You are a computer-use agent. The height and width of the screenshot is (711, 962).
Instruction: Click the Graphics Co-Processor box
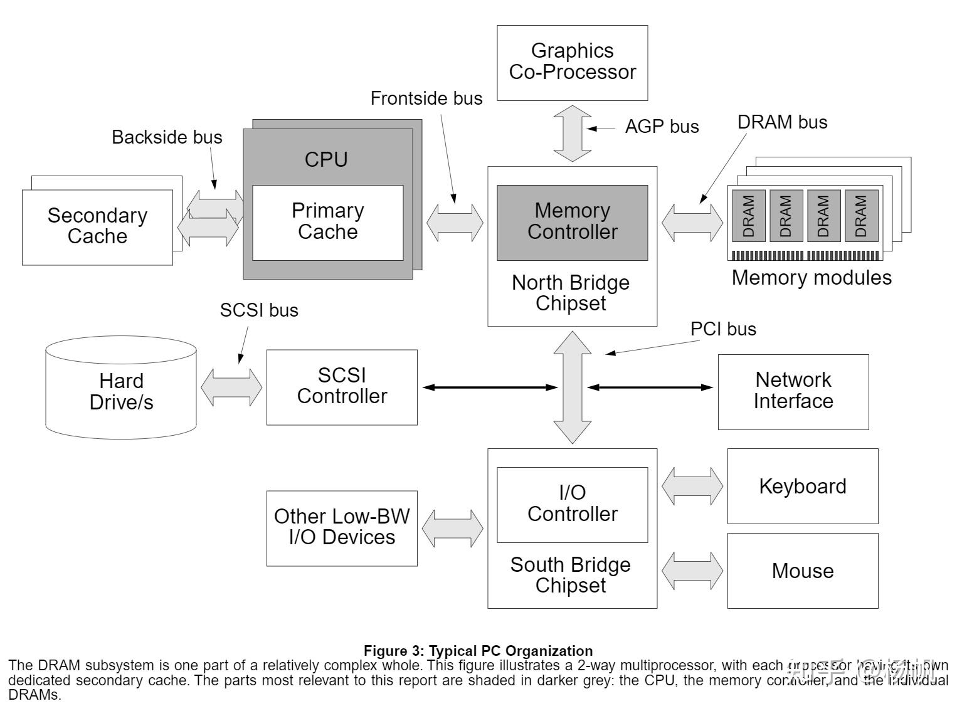tap(572, 62)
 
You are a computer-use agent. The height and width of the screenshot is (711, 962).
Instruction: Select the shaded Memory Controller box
tap(572, 222)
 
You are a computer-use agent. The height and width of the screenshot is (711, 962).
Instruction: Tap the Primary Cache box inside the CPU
tap(327, 222)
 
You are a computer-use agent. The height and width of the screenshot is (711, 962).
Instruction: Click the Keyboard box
tap(803, 486)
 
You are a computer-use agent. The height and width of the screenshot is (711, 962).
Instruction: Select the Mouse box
tap(803, 571)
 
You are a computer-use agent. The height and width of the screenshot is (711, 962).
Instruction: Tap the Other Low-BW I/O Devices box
tap(342, 527)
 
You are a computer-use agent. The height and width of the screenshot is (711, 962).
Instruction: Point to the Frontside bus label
tap(426, 98)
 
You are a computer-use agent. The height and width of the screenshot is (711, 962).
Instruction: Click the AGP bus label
tap(662, 127)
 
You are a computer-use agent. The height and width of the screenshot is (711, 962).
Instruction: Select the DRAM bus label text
tap(782, 122)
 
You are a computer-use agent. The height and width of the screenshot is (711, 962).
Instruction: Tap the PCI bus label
tap(723, 329)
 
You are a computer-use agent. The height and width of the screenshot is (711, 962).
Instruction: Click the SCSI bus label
tap(259, 310)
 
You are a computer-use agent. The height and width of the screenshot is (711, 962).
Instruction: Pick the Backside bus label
tap(167, 137)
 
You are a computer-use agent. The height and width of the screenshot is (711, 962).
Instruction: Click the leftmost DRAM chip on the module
tap(749, 216)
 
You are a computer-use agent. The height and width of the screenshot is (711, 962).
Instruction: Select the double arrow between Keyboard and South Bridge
tap(692, 486)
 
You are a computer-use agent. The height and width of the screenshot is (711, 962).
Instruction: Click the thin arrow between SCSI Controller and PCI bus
tap(489, 387)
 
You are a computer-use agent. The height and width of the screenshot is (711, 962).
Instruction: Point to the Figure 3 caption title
tap(478, 651)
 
